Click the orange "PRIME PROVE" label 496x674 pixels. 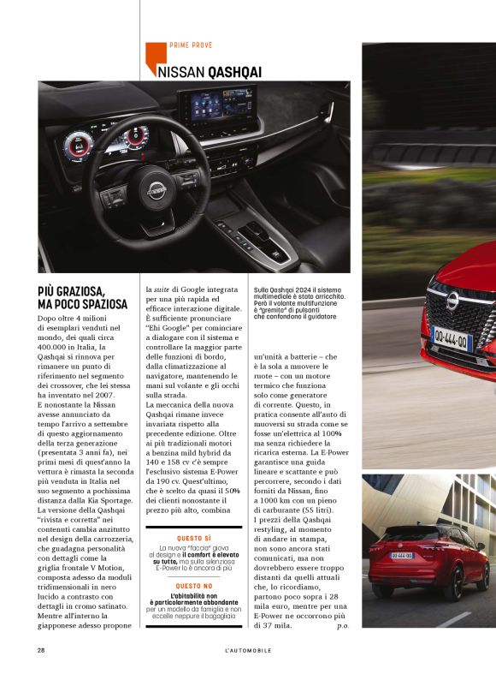191,45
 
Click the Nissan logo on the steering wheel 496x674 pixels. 156,190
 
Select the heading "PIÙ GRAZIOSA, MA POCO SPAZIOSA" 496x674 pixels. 82,298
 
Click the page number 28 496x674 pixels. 41,651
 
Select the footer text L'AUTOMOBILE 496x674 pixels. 248,651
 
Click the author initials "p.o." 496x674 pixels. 343,626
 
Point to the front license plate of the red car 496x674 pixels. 450,340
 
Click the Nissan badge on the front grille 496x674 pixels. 452,301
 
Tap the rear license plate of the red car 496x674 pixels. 402,556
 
